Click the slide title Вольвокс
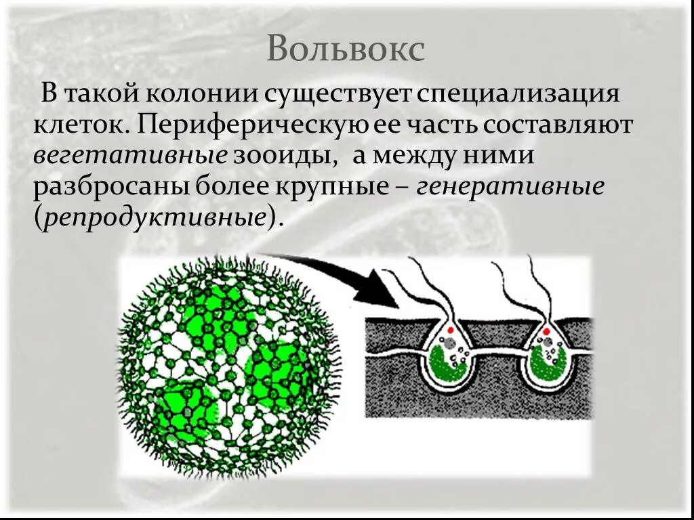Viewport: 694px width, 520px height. pos(346,49)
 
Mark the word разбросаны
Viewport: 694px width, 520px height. pos(112,188)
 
